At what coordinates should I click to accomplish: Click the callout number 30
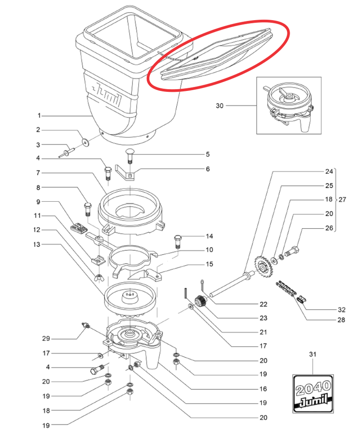pos(219,106)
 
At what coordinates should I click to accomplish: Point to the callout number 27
pos(342,199)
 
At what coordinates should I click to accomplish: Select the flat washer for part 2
pos(85,142)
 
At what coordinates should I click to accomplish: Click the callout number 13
pos(38,244)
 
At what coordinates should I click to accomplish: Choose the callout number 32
pos(342,310)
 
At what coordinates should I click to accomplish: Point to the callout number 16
pos(263,388)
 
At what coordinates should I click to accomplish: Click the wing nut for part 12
pos(99,276)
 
